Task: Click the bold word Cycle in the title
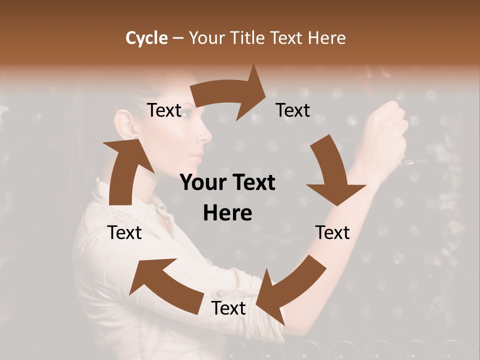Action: [146, 38]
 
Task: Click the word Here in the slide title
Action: [326, 38]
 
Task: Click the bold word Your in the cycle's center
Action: [199, 183]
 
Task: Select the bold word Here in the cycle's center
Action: [227, 213]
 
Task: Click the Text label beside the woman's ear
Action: [164, 110]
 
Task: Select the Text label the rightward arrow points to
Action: [293, 110]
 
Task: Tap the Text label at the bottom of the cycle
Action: [228, 308]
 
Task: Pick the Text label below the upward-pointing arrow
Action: [125, 232]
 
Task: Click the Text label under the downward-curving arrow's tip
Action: [332, 232]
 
